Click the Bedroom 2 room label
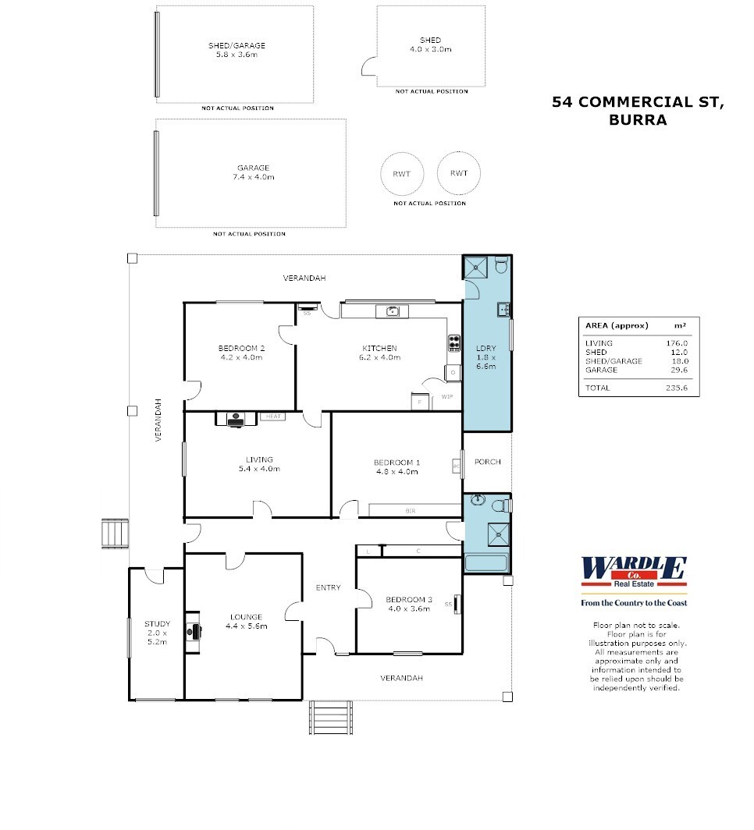[240, 353]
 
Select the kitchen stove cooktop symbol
[453, 342]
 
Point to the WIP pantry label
[447, 397]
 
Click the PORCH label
[488, 462]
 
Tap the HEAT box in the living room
[273, 417]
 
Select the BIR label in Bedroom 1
[411, 510]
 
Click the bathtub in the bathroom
[485, 563]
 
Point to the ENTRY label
[328, 587]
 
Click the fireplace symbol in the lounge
[193, 630]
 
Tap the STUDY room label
[157, 628]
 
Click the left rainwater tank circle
[402, 173]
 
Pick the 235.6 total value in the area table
[677, 388]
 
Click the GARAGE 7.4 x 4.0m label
[254, 172]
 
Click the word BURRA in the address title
[638, 120]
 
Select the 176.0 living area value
[677, 343]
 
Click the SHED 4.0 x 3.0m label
[430, 44]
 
